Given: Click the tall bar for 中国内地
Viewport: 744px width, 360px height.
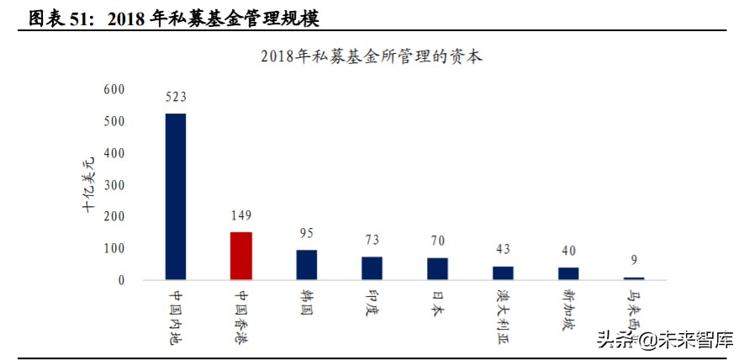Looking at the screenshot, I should [x=175, y=196].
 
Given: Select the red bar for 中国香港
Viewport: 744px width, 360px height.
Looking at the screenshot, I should [x=240, y=256].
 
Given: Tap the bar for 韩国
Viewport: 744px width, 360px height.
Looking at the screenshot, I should [x=306, y=264].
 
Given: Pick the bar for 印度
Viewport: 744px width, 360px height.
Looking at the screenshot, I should [x=372, y=267].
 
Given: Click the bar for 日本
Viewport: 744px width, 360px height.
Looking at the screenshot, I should [x=437, y=268].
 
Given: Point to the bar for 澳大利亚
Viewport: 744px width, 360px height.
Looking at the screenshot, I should [x=503, y=273].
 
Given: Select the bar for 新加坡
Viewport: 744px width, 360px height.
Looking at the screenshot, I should [x=568, y=273].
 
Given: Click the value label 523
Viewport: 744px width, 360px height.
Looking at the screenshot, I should [x=175, y=97].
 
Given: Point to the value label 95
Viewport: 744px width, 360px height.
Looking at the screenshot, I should [x=306, y=233].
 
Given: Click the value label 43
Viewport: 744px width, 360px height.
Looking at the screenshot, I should [x=503, y=249].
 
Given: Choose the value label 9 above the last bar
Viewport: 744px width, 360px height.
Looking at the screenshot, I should [x=634, y=260].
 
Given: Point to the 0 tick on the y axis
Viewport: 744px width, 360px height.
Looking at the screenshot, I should [x=121, y=279].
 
